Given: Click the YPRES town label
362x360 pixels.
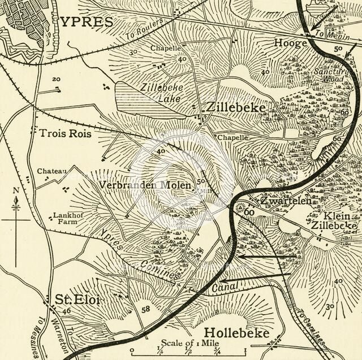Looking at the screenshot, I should coord(87,21).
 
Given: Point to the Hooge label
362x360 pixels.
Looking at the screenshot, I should coord(290,42).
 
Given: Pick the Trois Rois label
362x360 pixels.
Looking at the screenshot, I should coord(65,134).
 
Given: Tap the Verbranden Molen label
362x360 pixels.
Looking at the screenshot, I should coord(145,185).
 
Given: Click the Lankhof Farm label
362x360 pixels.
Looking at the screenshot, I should coord(65,218).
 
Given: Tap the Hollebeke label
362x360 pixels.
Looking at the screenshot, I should coord(236,332).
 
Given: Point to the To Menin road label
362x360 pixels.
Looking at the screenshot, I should coord(327,35).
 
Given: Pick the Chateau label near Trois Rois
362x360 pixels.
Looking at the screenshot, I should coord(52,171).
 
